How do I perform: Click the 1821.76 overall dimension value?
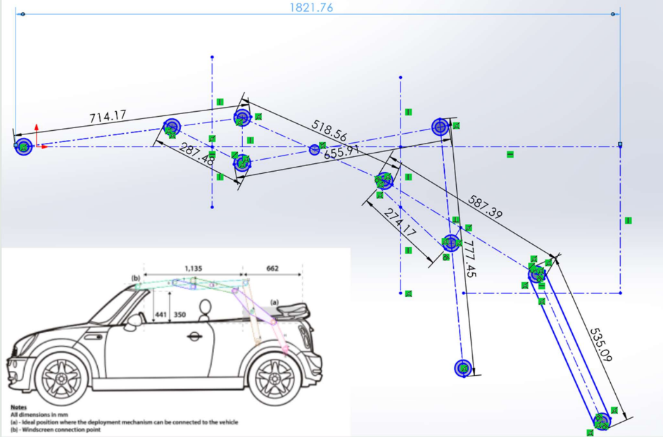point(311,8)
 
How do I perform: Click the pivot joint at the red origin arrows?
point(23,146)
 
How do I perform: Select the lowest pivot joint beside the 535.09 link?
point(600,421)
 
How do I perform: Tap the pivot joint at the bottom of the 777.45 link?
point(462,368)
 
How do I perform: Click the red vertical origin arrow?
point(37,133)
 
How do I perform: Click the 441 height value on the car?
point(162,316)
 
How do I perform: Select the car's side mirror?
point(132,322)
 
